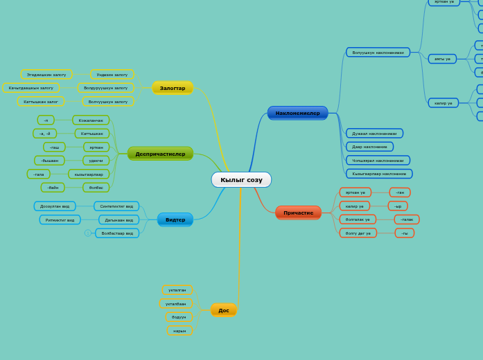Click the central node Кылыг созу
[241, 180]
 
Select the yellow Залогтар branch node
[173, 88]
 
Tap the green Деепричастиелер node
[160, 154]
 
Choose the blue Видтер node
[175, 219]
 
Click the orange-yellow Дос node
[223, 310]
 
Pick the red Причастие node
[298, 213]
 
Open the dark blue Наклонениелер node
[297, 113]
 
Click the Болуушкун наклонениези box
[378, 53]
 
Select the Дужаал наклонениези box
[374, 134]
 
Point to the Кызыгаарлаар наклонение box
[379, 174]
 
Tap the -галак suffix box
[407, 219]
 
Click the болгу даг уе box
[358, 233]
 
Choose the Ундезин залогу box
[112, 75]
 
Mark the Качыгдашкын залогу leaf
[31, 88]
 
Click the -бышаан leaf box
[50, 161]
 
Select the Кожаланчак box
[91, 120]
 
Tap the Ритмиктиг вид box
[60, 220]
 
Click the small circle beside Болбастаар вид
[88, 233]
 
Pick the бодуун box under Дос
[179, 317]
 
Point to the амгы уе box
[442, 60]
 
